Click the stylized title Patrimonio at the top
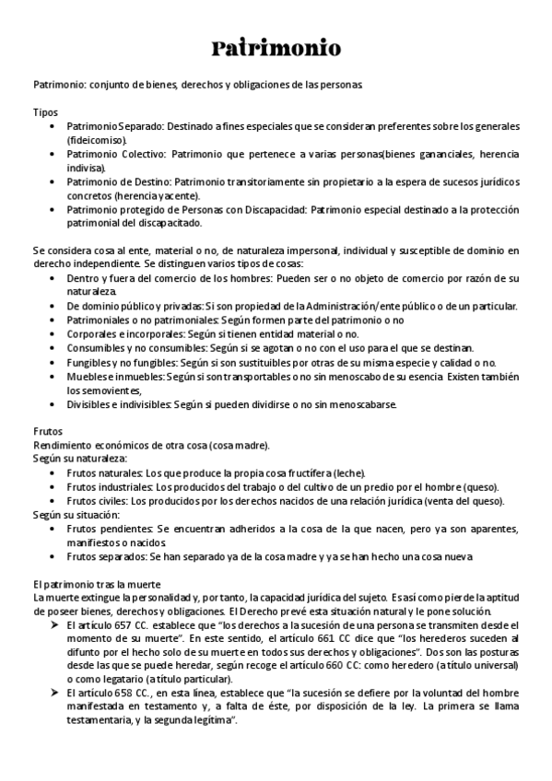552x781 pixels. click(x=276, y=47)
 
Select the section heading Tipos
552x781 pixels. click(x=45, y=111)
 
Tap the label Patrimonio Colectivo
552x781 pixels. click(x=115, y=154)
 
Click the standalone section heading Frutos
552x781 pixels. click(x=48, y=431)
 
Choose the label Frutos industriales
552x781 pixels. click(x=109, y=486)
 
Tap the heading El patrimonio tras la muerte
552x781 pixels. click(x=97, y=584)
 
